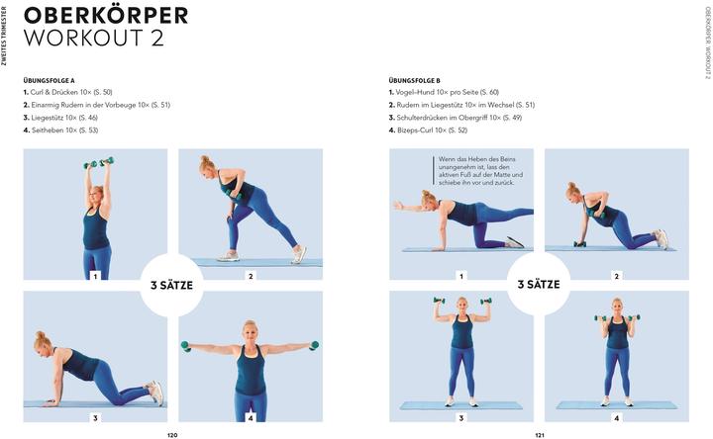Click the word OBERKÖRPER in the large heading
coord(106,15)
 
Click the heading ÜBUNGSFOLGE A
coord(50,81)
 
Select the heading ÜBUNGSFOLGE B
coord(414,81)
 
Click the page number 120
coord(172,435)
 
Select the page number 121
coord(540,435)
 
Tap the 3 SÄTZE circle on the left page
coord(171,285)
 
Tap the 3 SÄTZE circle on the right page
coord(539,284)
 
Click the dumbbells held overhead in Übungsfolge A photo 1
coord(99,162)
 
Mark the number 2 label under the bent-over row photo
coord(251,276)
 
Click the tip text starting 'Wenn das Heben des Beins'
coord(480,171)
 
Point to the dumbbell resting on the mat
coord(579,244)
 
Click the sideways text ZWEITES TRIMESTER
coord(4,36)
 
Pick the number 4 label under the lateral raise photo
coord(251,418)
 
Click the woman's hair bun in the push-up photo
coord(40,335)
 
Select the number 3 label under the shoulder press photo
coord(461,418)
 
